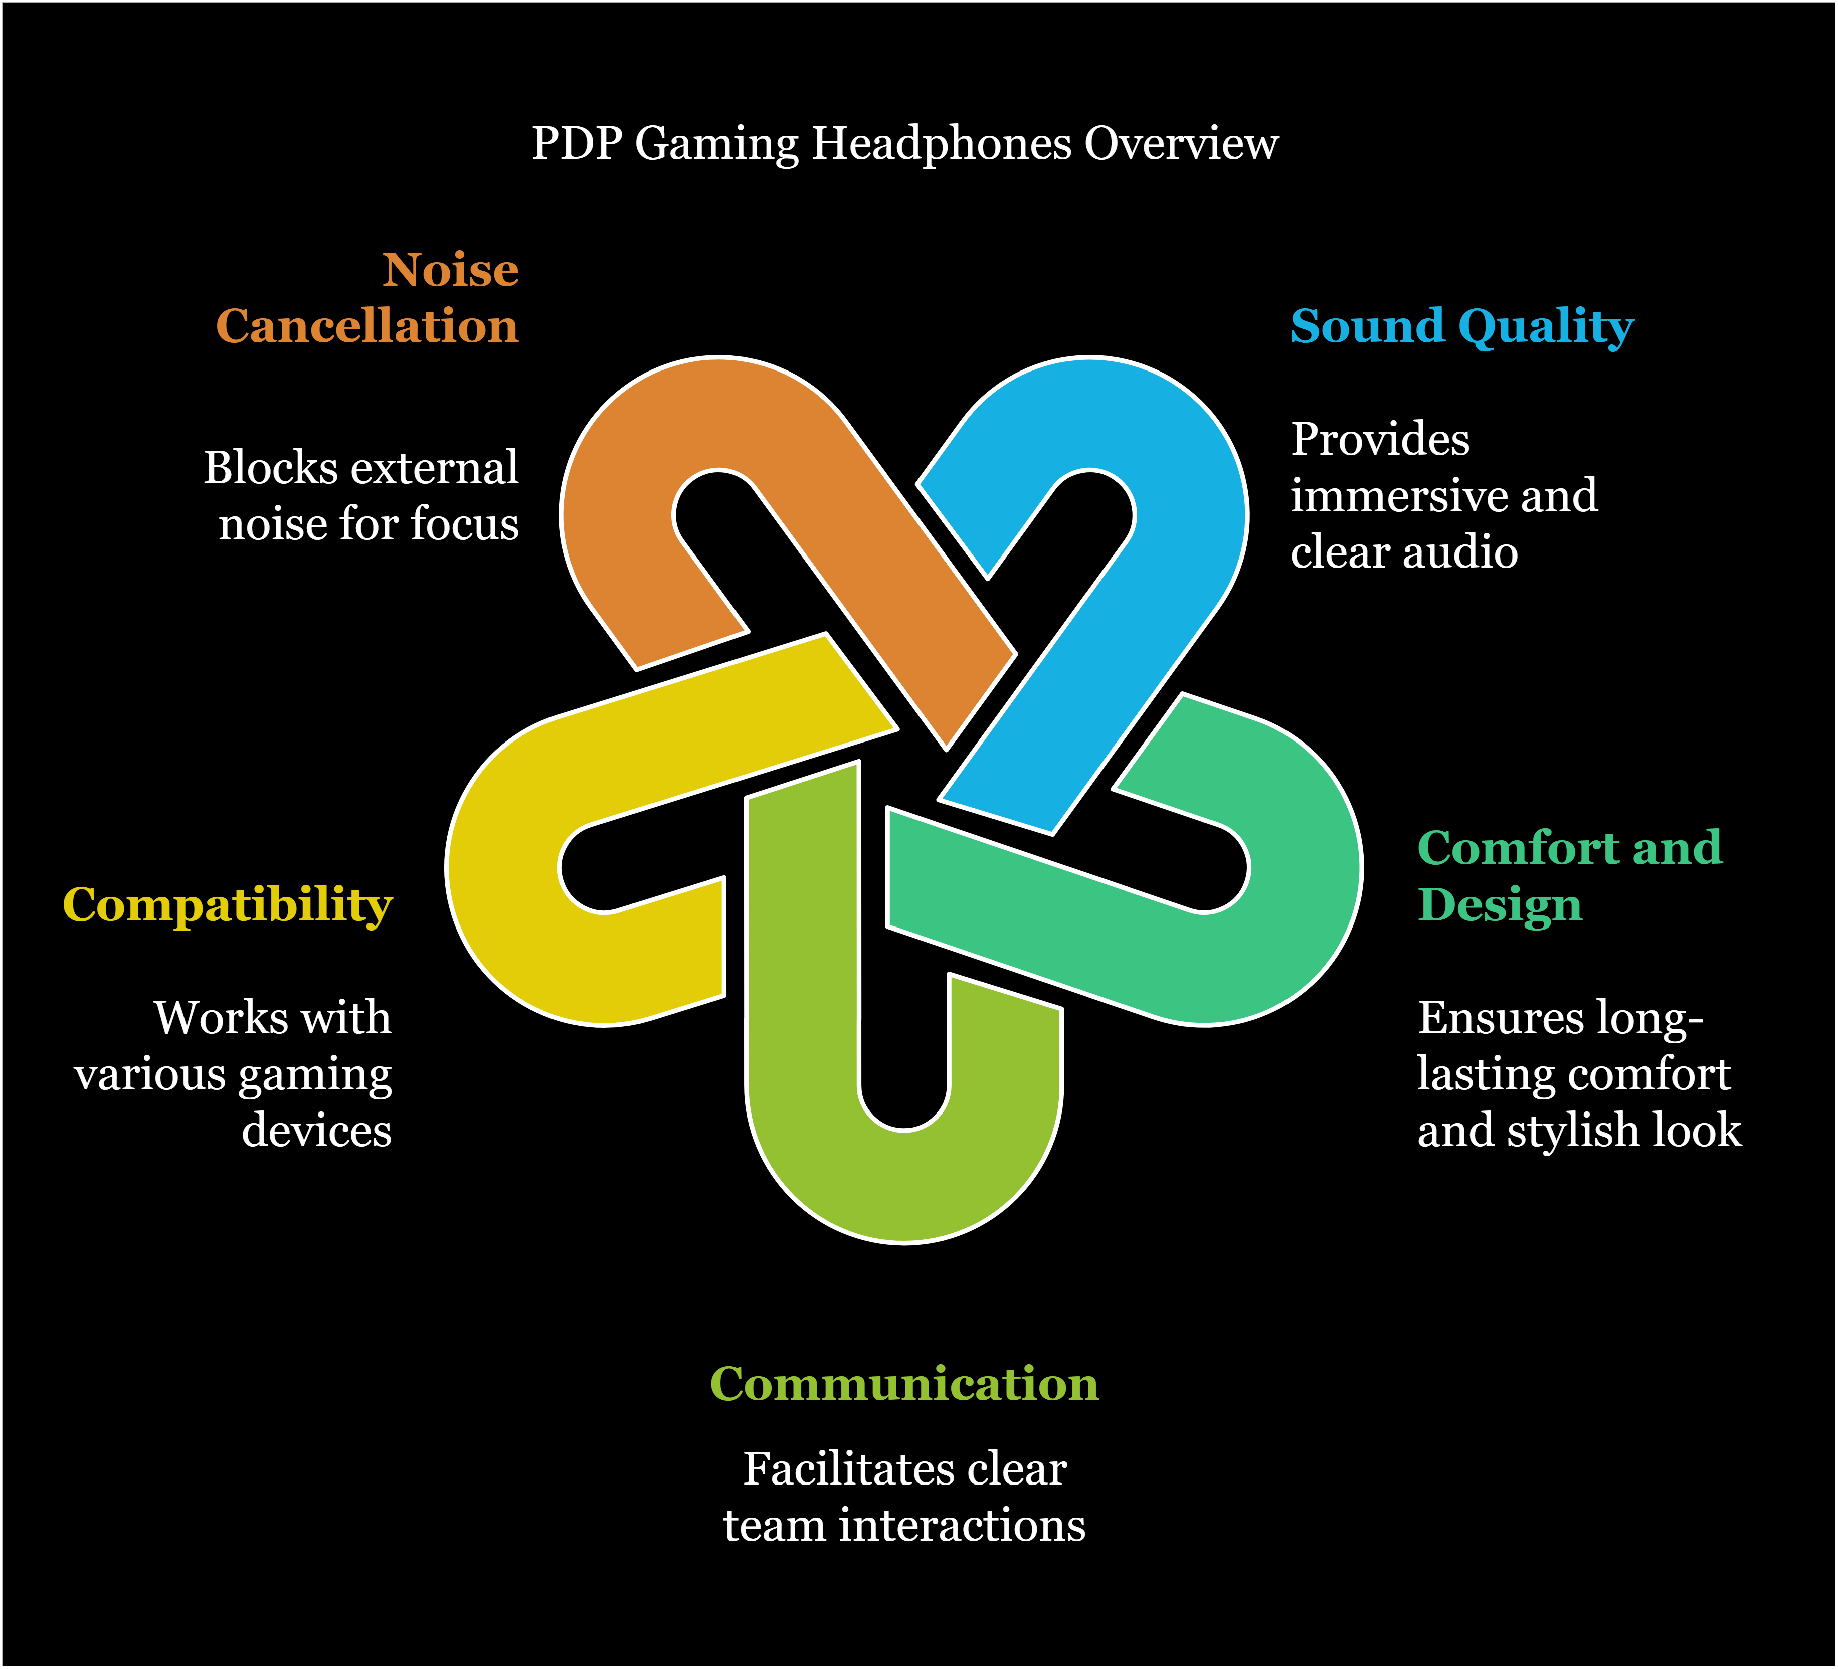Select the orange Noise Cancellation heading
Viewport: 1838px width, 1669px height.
pos(367,298)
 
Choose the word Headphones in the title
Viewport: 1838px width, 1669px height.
pos(941,144)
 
